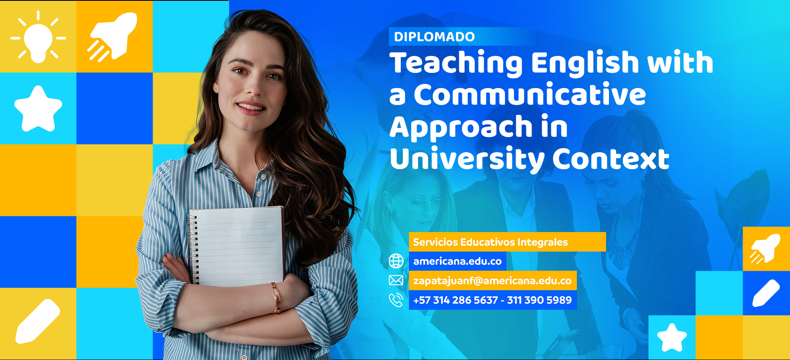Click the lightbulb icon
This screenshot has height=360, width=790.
[38, 38]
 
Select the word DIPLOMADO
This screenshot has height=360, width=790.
[434, 37]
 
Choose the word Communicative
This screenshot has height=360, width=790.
[530, 95]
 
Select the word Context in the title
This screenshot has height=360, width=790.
[611, 159]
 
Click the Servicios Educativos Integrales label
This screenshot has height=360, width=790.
[490, 242]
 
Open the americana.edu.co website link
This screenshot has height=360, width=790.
[458, 261]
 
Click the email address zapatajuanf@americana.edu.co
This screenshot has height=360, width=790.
[493, 281]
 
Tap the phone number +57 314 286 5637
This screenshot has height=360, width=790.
[455, 300]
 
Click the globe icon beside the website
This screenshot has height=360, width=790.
[396, 261]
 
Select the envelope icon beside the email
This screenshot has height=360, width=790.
[396, 280]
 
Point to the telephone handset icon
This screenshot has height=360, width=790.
[396, 300]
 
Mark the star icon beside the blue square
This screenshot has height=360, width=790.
[38, 109]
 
